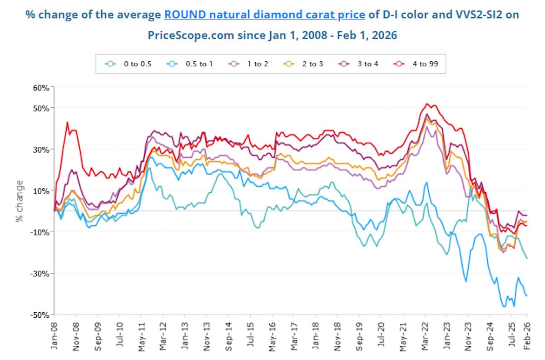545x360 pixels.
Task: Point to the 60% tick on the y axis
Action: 40,87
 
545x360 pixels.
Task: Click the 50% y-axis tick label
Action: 40,108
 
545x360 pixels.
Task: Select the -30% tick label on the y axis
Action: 40,274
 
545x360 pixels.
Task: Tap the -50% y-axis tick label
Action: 40,315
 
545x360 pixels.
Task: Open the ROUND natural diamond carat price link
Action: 264,15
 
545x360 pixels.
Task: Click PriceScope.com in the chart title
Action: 190,35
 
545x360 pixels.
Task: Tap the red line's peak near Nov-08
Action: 67,122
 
